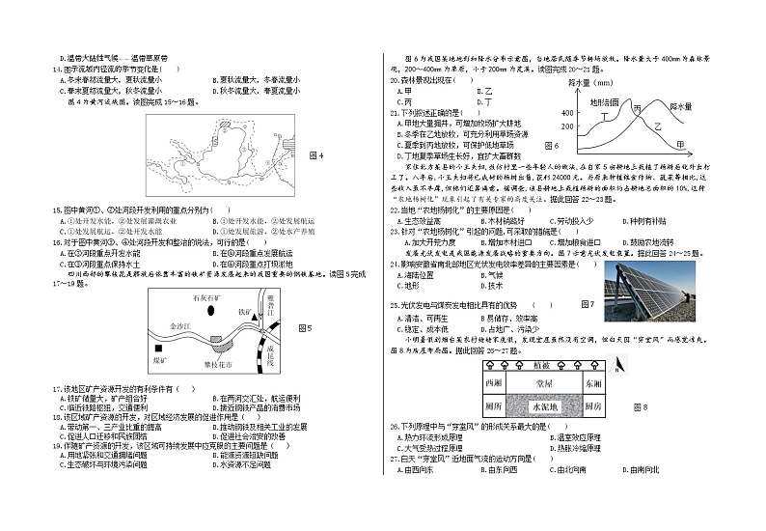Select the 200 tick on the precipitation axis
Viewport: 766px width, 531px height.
[566, 126]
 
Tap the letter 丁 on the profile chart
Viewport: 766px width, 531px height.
[605, 118]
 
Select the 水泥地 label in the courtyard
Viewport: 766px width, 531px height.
[544, 405]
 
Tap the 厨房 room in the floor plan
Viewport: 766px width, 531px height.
[591, 405]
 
